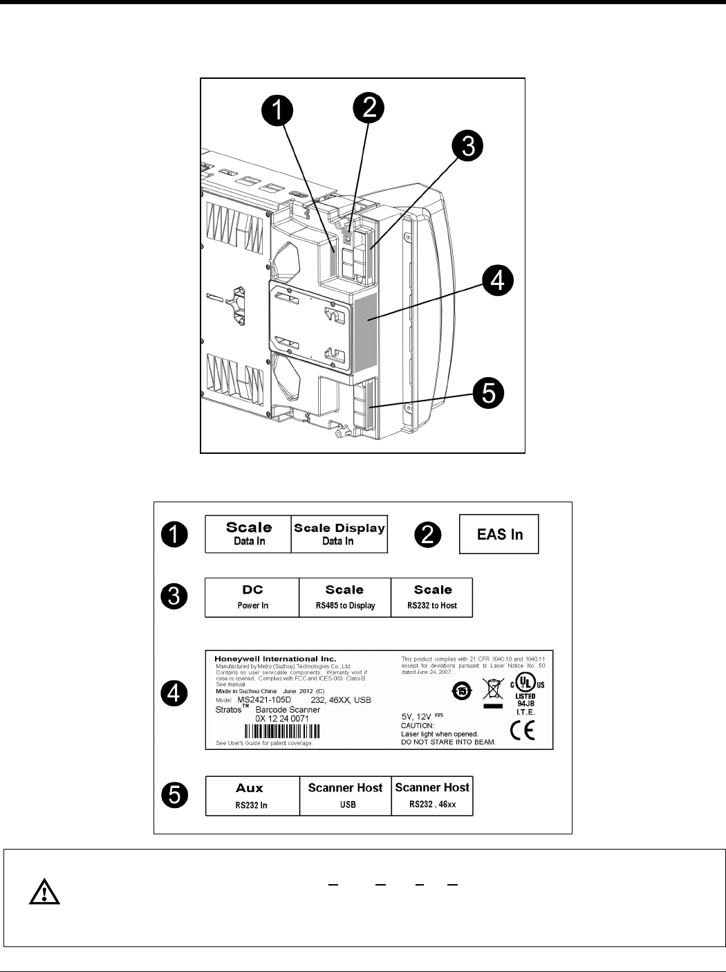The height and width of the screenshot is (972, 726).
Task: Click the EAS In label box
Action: coord(499,534)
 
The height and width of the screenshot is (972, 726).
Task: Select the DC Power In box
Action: coord(252,597)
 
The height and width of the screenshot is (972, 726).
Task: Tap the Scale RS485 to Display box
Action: coord(344,597)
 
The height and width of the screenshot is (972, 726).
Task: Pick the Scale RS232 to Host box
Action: coord(432,597)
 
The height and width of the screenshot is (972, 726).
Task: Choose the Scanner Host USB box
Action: coord(345,796)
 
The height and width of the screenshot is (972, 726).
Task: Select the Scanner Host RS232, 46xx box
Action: coord(432,796)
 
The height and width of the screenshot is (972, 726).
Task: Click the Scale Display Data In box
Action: coord(339,534)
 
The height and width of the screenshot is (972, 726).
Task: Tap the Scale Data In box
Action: coord(249,534)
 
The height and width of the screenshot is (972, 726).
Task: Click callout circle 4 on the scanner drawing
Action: coord(498,282)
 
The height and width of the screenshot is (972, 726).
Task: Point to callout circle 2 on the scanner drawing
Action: coord(369,108)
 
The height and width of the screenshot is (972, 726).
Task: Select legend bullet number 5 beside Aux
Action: coord(175,795)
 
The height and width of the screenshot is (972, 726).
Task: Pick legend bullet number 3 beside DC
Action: coord(174,596)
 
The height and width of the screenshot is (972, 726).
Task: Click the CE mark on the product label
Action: coord(522,730)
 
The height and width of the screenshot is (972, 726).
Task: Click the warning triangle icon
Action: coord(44,893)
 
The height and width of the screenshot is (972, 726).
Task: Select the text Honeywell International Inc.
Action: coord(275,659)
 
